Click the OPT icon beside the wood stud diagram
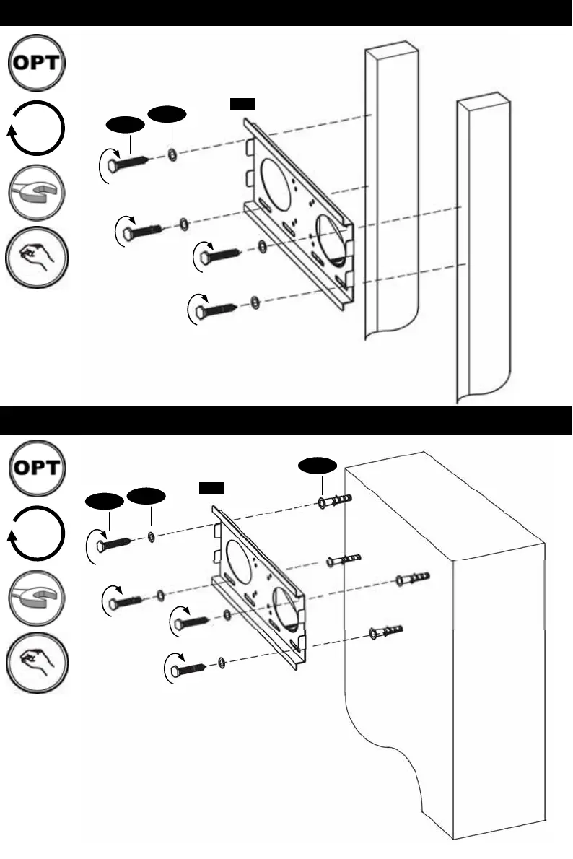[x=37, y=63]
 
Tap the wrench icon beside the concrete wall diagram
[x=37, y=598]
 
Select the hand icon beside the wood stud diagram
[x=37, y=258]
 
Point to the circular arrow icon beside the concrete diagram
[x=36, y=533]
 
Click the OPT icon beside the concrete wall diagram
[x=37, y=468]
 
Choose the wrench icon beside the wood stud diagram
[x=37, y=193]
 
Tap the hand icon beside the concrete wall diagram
[x=37, y=663]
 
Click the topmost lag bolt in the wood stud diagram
[x=128, y=162]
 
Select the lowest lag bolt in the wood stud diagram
[x=216, y=310]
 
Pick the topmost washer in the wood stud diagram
[x=172, y=155]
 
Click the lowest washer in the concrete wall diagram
[x=222, y=663]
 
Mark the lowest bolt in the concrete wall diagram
[x=188, y=669]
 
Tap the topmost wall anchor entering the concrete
[x=335, y=501]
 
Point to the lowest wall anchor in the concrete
[x=386, y=632]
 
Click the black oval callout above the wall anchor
[x=318, y=465]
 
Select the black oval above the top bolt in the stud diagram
[x=126, y=125]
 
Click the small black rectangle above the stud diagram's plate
[x=242, y=103]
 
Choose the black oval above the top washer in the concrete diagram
[x=146, y=496]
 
